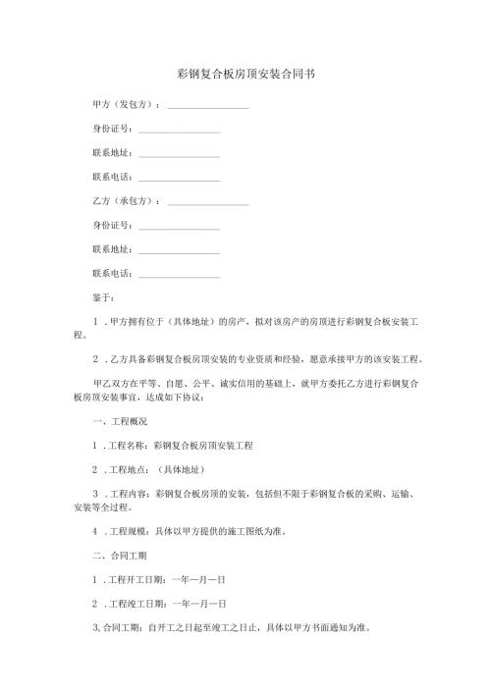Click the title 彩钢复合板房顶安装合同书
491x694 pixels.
click(x=245, y=74)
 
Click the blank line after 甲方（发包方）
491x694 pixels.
click(x=208, y=105)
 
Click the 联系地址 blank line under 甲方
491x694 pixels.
click(x=180, y=153)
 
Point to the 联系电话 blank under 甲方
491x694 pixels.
click(x=180, y=178)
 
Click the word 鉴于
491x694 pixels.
click(x=101, y=297)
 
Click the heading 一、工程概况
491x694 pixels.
click(x=119, y=421)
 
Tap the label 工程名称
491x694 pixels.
click(x=130, y=445)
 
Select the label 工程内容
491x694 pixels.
click(x=130, y=494)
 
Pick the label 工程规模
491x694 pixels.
click(x=130, y=531)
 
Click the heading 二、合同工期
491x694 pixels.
click(x=119, y=556)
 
